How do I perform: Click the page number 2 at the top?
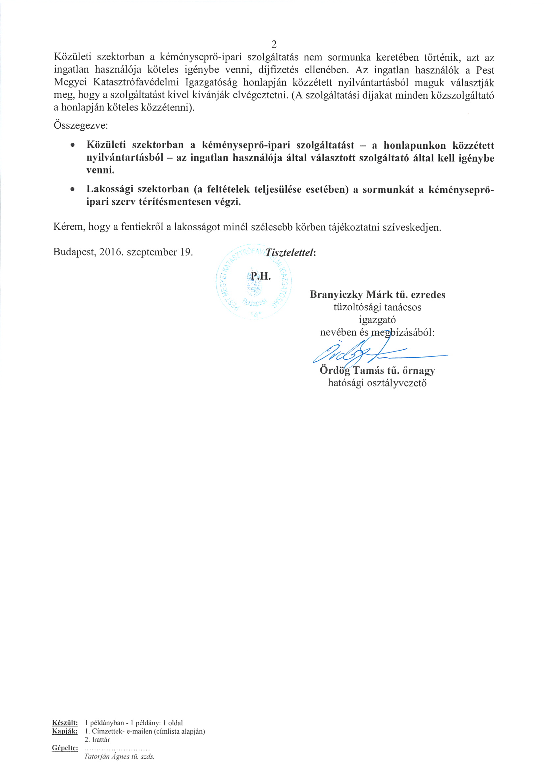(x=274, y=44)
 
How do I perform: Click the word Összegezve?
(x=80, y=125)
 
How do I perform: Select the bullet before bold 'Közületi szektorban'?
(x=72, y=145)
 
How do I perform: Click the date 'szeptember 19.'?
(x=160, y=252)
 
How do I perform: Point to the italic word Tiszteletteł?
(x=290, y=252)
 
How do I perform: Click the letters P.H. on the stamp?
(x=260, y=276)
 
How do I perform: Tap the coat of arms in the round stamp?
(x=254, y=286)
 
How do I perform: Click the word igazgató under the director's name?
(x=377, y=320)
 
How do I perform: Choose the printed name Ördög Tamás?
(x=352, y=371)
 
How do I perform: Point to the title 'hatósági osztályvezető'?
(x=377, y=383)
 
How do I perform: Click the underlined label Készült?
(x=65, y=723)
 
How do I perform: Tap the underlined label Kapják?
(x=65, y=731)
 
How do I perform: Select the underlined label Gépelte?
(x=65, y=748)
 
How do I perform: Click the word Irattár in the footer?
(x=101, y=740)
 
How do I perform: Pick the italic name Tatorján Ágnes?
(x=107, y=756)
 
